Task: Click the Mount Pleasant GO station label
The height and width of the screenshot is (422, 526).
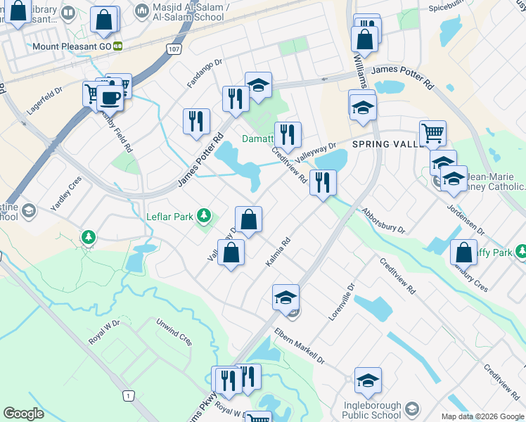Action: pos(72,46)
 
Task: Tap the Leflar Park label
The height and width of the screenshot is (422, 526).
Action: pos(169,217)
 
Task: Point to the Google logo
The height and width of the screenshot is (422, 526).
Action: pos(23,414)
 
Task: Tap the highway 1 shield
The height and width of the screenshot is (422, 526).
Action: pos(128,397)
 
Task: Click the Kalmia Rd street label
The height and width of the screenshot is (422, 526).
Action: pos(278,252)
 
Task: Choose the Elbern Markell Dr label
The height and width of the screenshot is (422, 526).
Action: pos(300,345)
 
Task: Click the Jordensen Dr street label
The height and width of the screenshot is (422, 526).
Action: pos(466,219)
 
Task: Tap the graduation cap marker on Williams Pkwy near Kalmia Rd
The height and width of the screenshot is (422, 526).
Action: pos(286,298)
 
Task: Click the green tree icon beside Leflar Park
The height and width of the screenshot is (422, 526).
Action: pos(204,215)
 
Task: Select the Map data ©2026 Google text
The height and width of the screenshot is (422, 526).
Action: pos(482,416)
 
